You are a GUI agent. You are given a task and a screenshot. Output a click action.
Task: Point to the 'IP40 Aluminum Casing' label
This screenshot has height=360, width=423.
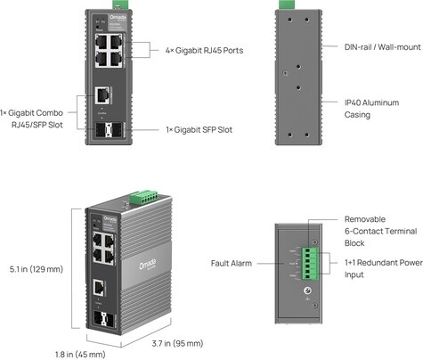tap(370, 110)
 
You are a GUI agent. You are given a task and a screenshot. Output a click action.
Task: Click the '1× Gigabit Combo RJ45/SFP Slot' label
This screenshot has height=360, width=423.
tap(39, 119)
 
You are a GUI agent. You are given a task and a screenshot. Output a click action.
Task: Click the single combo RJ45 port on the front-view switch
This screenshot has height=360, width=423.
tap(103, 94)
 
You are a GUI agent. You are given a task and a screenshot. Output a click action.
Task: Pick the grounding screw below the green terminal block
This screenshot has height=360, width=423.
tap(308, 292)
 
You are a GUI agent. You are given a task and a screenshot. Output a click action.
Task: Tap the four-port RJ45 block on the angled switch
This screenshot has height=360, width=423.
tap(101, 247)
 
